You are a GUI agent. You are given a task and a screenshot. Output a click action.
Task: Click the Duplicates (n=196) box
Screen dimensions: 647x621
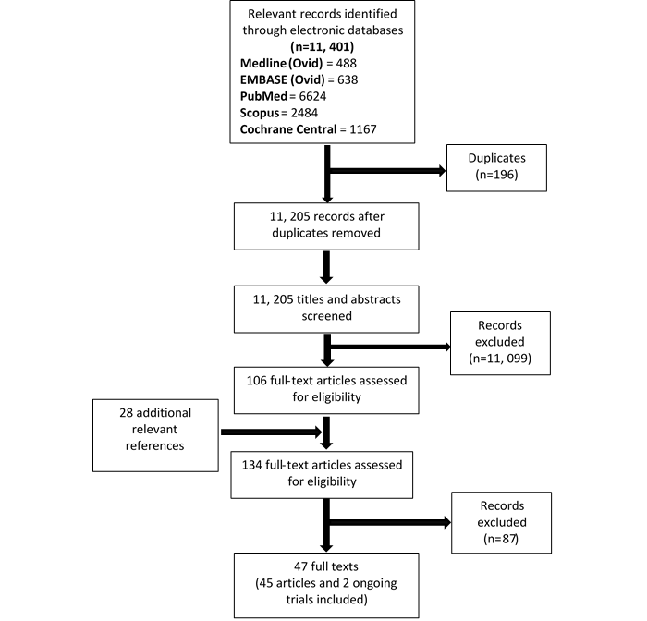[496, 167]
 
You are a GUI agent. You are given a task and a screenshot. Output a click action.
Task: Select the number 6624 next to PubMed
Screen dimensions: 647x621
[312, 96]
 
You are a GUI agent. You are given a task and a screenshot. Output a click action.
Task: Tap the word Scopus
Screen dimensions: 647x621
[260, 113]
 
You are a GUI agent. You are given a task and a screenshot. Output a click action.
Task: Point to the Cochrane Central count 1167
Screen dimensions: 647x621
[363, 129]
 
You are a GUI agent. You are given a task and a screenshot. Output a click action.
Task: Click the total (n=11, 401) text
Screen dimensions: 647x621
[323, 46]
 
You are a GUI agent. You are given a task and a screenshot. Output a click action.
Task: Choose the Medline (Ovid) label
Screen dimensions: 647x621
[281, 63]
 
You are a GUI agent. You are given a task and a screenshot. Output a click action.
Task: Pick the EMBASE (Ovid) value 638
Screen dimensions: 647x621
[348, 79]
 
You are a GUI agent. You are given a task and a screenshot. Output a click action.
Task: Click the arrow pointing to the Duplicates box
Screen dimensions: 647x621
[388, 170]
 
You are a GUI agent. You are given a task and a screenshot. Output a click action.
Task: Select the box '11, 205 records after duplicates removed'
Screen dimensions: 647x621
[326, 226]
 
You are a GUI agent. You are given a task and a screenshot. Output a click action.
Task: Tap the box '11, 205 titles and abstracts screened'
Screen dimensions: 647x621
[326, 309]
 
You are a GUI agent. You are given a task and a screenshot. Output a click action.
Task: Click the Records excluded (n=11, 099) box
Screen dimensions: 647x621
[500, 343]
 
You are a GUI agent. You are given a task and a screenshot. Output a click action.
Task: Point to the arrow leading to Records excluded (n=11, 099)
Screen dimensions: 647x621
[390, 347]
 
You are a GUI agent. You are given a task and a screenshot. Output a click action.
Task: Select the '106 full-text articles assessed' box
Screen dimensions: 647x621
[326, 390]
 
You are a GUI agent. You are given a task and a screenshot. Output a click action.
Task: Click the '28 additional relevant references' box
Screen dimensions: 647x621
[155, 435]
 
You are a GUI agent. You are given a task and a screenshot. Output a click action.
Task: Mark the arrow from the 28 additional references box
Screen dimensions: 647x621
[271, 432]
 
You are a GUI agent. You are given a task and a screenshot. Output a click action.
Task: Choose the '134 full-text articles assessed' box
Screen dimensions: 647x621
[322, 474]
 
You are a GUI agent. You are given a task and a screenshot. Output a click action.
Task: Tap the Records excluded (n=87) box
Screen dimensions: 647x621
[501, 522]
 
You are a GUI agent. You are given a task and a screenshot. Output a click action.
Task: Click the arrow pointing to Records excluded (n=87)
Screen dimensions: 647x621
[390, 522]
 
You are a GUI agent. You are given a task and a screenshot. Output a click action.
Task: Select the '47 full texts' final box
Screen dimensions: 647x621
[326, 586]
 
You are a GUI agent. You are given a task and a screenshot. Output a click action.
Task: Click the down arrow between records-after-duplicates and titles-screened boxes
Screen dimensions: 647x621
[326, 267]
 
